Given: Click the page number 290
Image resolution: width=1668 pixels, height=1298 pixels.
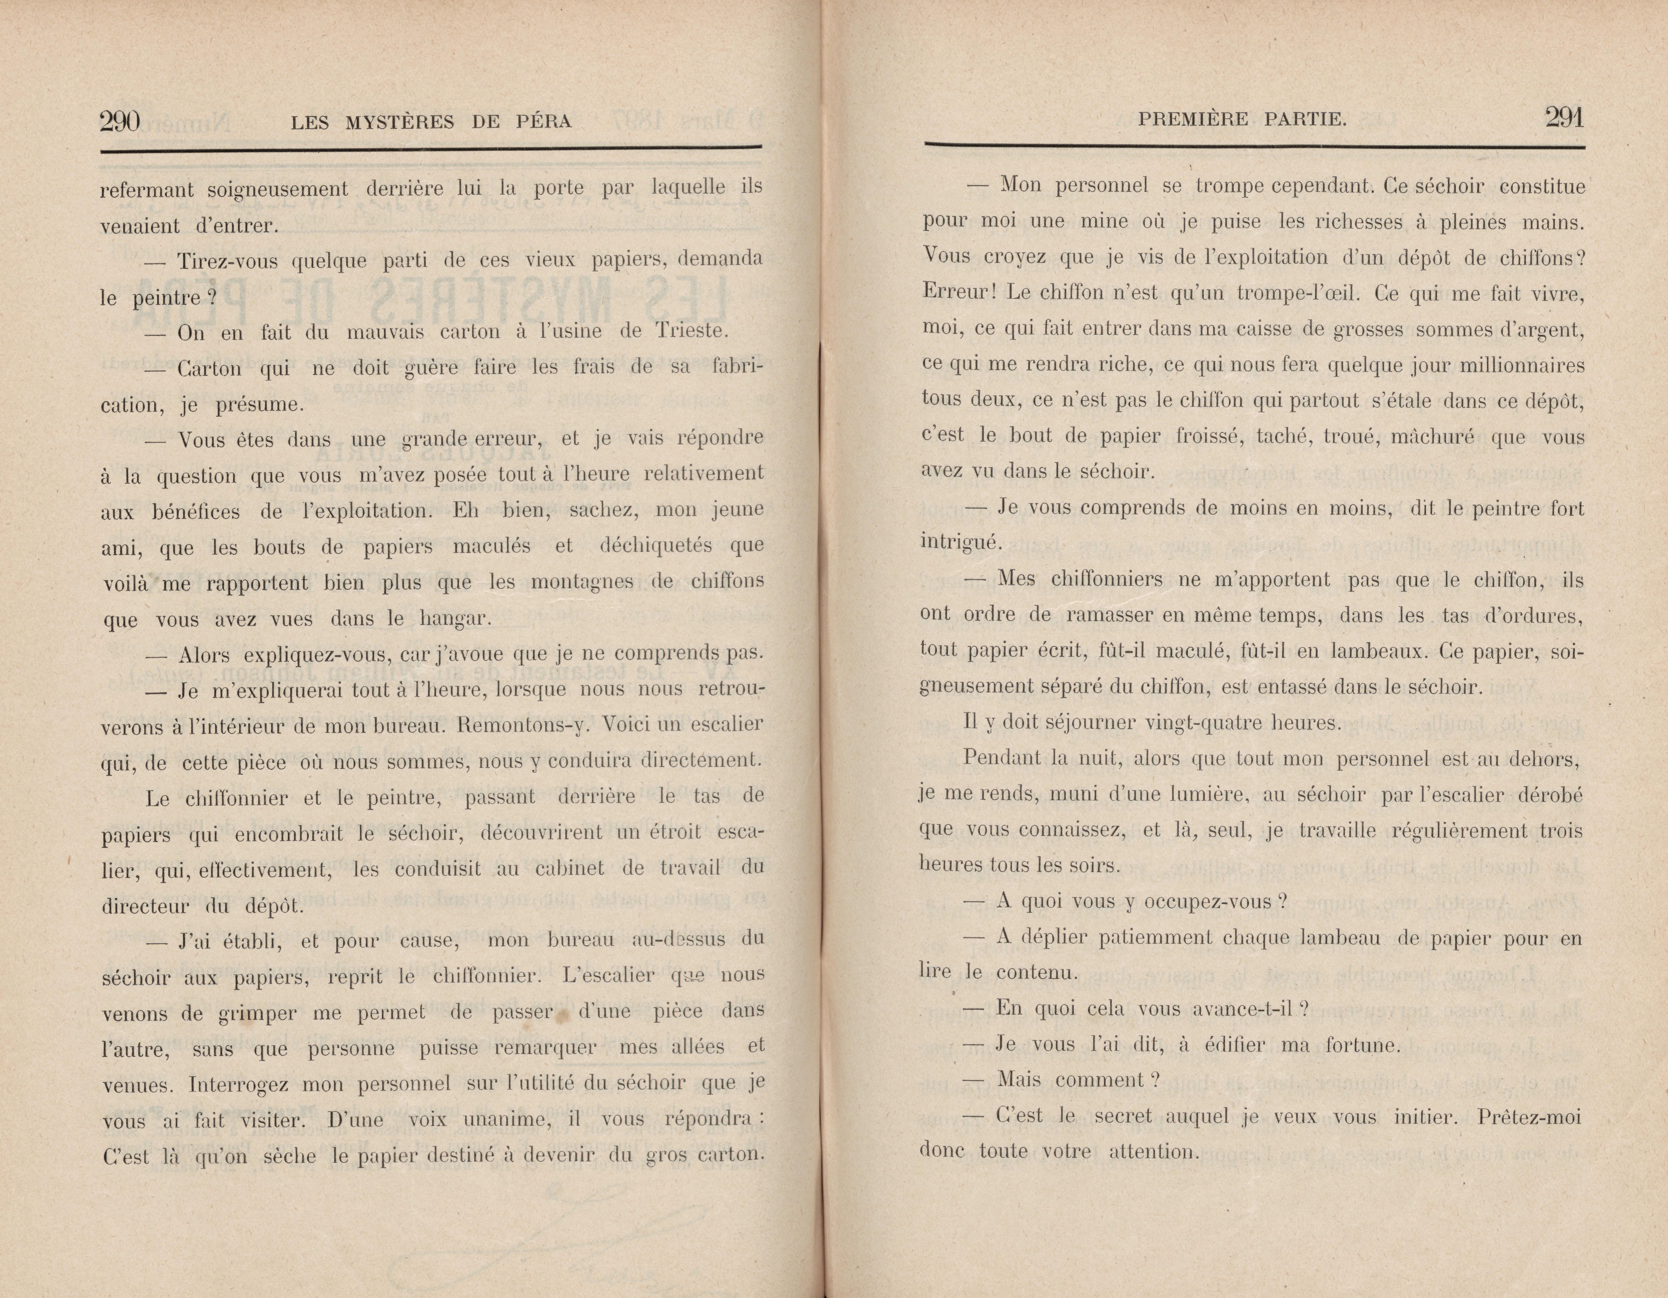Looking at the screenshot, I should (x=120, y=121).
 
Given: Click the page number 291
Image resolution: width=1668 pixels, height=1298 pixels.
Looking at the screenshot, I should (x=1564, y=118).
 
